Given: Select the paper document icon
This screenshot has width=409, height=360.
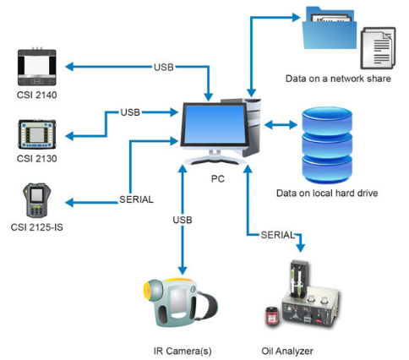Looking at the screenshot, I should pos(378,47).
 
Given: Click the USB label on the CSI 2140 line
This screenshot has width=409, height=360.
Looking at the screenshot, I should pos(165,66).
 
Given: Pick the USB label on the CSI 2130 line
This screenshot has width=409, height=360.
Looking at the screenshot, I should pos(130,112).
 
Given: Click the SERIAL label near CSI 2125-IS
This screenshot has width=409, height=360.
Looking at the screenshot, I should pos(135,200).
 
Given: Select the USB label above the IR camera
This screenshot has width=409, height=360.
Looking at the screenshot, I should pos(182,221).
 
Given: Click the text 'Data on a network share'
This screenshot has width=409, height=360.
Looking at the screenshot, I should pos(341,80).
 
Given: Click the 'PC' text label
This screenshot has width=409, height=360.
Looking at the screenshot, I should pos(217,178).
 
